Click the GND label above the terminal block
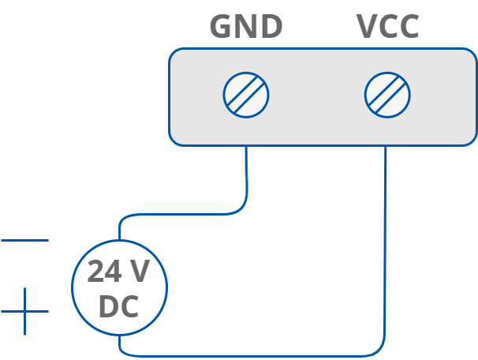click(245, 27)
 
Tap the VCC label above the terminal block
click(387, 27)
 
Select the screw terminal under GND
click(246, 96)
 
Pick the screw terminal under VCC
click(387, 96)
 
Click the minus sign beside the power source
click(24, 240)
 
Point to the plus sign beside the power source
click(24, 311)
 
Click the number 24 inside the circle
click(103, 272)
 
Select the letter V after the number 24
click(140, 272)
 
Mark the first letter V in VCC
click(368, 27)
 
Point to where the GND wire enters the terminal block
click(246, 147)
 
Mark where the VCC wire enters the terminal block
click(387, 147)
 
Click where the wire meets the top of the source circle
click(119, 239)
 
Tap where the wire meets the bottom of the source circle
click(119, 335)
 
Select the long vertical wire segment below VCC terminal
click(386, 253)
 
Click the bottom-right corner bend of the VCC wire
click(383, 352)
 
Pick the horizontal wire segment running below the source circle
click(252, 355)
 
